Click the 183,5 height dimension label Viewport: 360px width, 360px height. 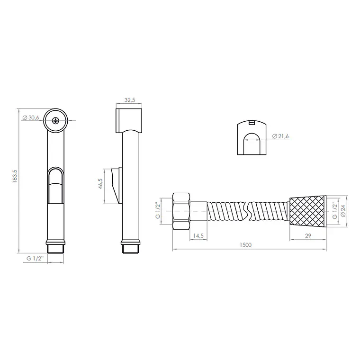tap(15, 176)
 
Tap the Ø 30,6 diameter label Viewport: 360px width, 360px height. tap(31, 118)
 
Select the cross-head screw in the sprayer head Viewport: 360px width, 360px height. tap(55, 120)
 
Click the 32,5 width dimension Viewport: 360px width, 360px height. tap(130, 100)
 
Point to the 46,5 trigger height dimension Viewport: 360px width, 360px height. tap(100, 183)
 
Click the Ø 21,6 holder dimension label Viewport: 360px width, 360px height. tap(280, 136)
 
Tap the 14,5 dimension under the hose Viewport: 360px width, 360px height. tap(198, 236)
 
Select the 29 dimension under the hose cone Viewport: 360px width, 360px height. tap(308, 235)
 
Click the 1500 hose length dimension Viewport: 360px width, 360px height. tap(245, 245)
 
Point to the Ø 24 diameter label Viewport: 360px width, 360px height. tap(343, 211)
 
